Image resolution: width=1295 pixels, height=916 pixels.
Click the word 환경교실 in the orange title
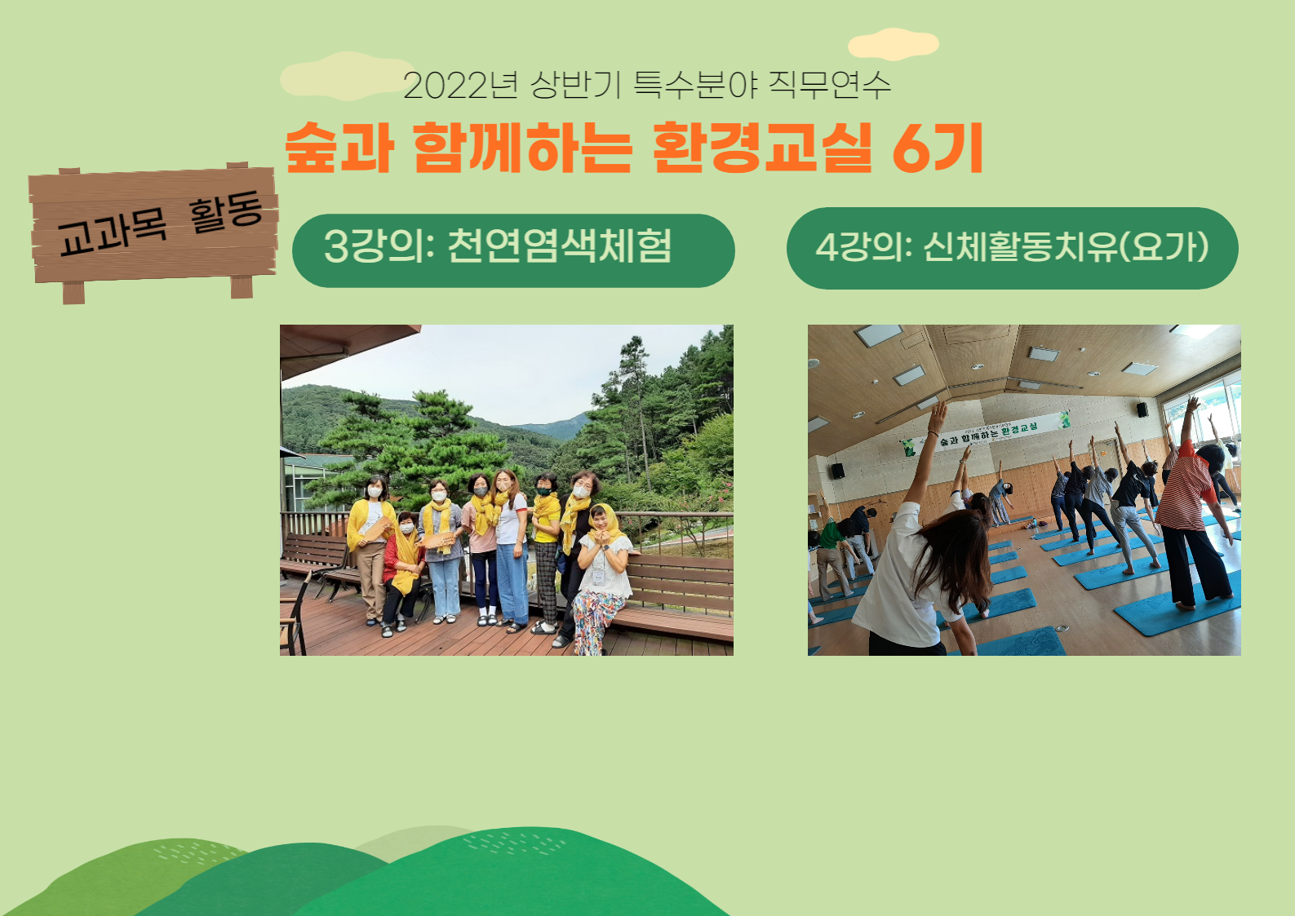762,148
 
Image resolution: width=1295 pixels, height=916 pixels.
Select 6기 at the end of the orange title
938,148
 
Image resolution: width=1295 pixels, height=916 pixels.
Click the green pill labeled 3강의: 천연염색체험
513,250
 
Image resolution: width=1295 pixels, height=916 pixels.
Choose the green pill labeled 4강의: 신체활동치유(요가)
1013,249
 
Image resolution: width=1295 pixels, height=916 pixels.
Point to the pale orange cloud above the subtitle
894,44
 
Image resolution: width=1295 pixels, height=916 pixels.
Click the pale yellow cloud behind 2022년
347,77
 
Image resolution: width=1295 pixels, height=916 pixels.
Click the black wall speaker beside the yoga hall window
1142,409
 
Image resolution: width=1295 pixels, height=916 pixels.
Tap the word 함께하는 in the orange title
522,148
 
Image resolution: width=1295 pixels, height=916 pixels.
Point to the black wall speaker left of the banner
838,471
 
